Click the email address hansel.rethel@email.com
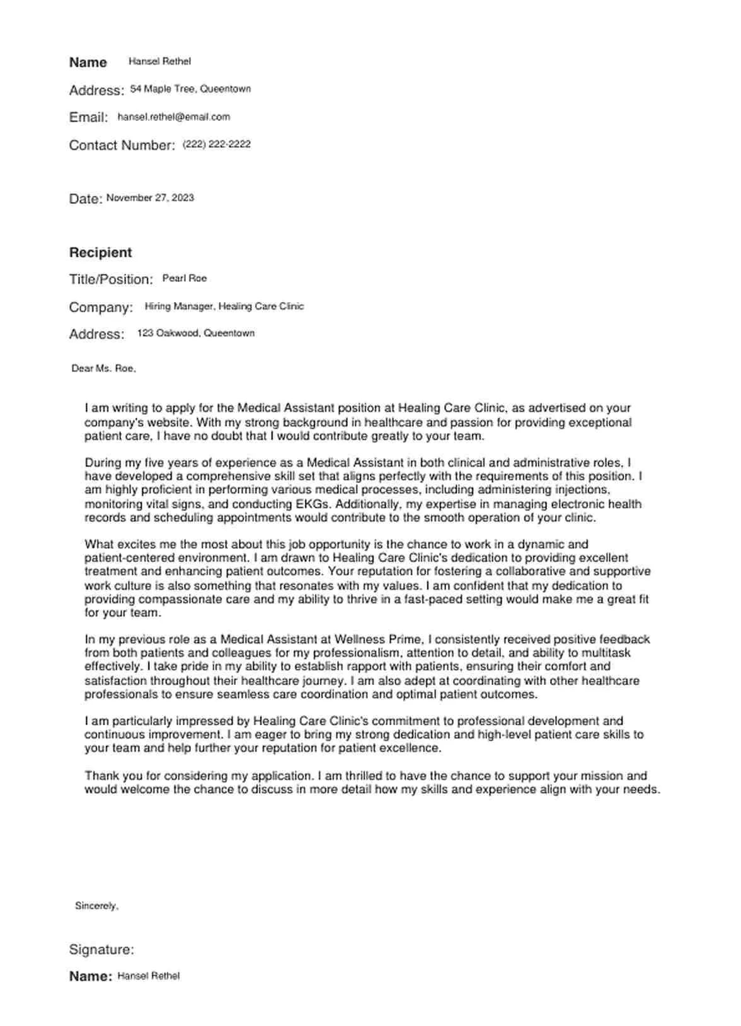173,117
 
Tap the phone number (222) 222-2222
216,144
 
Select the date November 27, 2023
150,198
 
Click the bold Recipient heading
100,252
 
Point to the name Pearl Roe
184,278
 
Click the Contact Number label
122,145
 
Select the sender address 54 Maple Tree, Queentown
190,89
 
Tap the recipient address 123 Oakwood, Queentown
195,333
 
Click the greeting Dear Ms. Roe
103,369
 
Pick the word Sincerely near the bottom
96,906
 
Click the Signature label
101,949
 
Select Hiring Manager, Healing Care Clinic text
224,307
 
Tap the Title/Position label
111,279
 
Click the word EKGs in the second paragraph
313,504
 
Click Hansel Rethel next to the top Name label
159,62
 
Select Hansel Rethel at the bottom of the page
148,976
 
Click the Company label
101,307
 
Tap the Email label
88,118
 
